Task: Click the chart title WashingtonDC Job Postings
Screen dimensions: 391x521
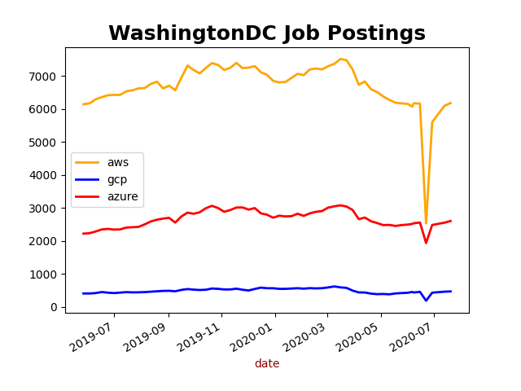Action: tap(267, 33)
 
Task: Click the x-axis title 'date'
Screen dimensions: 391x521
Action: tap(267, 364)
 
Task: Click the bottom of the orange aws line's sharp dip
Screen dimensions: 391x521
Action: tap(426, 222)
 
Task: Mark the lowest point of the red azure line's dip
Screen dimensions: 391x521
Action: tap(426, 243)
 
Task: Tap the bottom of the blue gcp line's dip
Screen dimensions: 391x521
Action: tap(426, 301)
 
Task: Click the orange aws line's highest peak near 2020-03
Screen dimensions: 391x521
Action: tap(341, 59)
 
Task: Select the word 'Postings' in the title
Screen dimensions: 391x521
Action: tap(375, 33)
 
